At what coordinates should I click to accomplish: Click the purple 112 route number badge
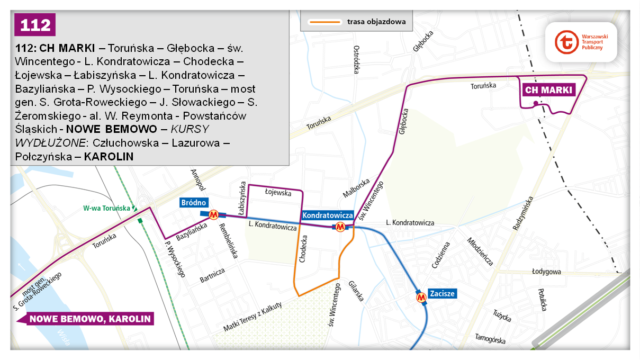35,25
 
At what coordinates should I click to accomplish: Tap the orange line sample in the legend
324,22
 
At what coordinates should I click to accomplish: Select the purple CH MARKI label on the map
548,91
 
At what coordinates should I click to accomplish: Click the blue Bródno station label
193,203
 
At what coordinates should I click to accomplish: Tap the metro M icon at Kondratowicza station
340,227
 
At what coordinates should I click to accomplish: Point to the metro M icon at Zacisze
422,299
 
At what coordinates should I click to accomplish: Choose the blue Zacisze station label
442,293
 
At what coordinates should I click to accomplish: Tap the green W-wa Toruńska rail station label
106,208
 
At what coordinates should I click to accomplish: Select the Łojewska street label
278,193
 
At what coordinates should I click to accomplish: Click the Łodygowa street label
546,272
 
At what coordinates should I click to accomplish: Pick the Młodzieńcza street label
480,251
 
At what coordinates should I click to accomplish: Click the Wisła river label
64,338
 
